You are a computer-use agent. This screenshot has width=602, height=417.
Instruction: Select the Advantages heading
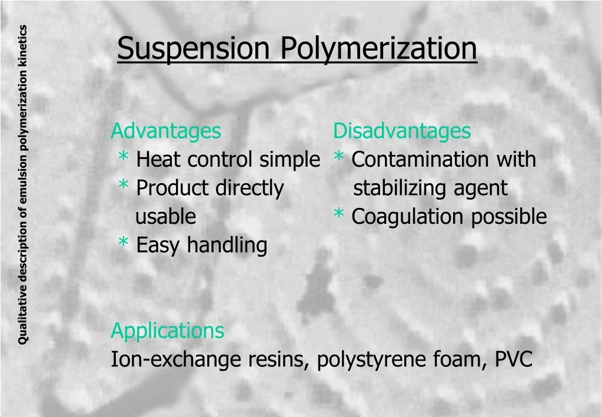click(166, 131)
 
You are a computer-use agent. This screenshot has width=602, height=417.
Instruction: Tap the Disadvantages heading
click(402, 131)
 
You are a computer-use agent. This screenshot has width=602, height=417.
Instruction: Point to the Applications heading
click(167, 330)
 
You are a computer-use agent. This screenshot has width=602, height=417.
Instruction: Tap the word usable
click(165, 217)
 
